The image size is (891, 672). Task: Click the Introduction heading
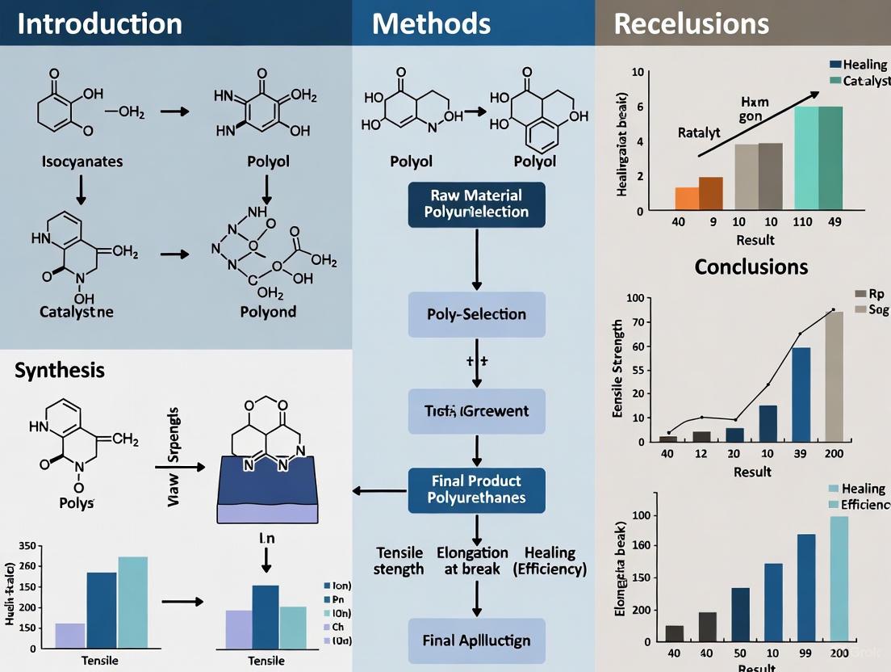(x=100, y=23)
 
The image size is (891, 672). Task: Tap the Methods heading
(x=431, y=23)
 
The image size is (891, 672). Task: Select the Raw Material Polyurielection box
(x=476, y=204)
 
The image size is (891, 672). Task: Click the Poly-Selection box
(x=476, y=314)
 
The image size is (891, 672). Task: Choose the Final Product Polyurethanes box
(x=476, y=489)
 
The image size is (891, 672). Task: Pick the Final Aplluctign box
(x=476, y=640)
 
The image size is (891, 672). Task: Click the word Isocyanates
(x=82, y=162)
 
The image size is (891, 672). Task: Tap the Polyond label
(x=267, y=312)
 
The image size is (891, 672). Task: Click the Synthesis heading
(x=59, y=371)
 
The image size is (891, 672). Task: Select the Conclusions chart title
(x=751, y=267)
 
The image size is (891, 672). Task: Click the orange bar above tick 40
(x=686, y=198)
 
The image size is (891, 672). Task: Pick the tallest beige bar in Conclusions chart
(x=834, y=376)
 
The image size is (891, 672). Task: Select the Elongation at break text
(x=472, y=561)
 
